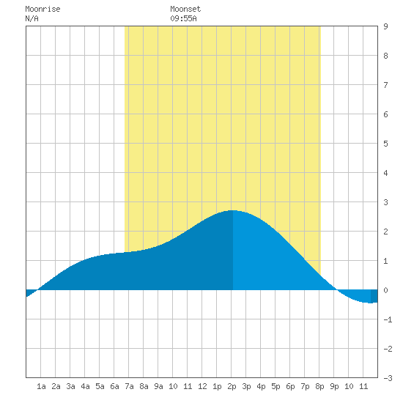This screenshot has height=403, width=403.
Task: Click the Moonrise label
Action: pos(42,9)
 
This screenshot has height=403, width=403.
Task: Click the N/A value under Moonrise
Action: pos(32,18)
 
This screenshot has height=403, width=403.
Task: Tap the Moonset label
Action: pos(185,9)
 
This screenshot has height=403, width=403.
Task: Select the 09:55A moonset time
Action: pos(183,18)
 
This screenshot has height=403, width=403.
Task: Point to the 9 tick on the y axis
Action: pos(385,26)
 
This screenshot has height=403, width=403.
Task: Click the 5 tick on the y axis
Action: pos(385,144)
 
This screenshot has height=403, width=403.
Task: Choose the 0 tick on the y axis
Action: pos(385,290)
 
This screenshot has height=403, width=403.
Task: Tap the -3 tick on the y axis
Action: pos(388,378)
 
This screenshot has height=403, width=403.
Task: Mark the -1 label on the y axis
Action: pos(388,319)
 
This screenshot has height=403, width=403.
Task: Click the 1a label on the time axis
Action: pos(41,386)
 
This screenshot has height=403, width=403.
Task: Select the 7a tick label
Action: pos(129,386)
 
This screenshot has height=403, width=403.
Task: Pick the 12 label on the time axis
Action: pos(202,386)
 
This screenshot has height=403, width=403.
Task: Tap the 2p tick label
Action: pos(232,386)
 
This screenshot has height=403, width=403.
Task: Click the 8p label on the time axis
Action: pos(319,386)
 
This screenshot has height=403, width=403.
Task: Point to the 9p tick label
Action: pos(334,386)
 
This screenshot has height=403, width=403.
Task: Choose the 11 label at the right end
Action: pos(363,386)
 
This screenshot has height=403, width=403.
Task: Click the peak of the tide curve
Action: pos(232,210)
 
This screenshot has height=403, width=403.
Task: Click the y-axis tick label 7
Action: pos(385,85)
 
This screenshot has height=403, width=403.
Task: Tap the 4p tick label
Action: pos(261,386)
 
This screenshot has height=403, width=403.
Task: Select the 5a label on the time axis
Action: pos(100,386)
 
